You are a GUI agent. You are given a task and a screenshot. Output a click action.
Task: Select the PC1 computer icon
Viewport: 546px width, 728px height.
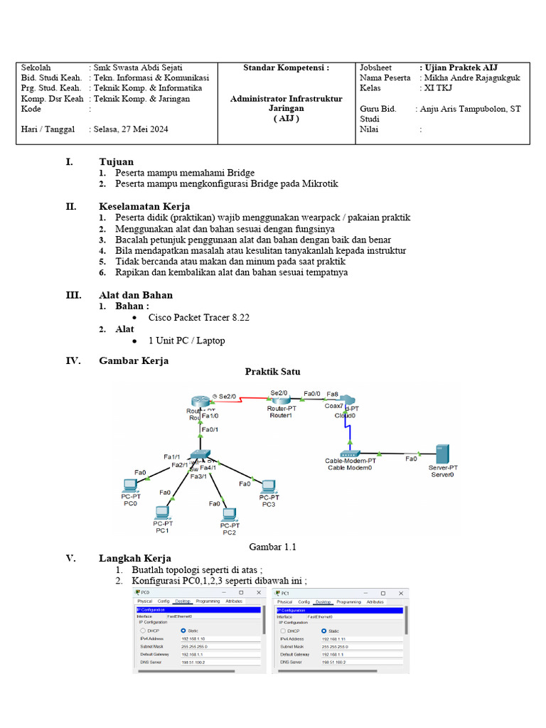[162, 513]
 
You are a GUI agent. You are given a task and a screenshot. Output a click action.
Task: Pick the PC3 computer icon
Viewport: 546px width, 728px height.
[268, 487]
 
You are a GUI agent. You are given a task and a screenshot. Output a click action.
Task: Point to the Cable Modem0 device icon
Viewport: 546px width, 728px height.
[351, 453]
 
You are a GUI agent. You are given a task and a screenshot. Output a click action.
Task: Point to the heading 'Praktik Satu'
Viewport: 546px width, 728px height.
[272, 372]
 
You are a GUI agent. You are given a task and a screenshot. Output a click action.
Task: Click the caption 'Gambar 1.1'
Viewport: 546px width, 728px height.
[272, 547]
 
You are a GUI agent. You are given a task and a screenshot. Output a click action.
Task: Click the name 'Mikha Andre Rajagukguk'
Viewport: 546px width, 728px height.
[470, 77]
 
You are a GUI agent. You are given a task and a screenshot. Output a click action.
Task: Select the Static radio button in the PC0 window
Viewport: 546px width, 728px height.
[183, 630]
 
